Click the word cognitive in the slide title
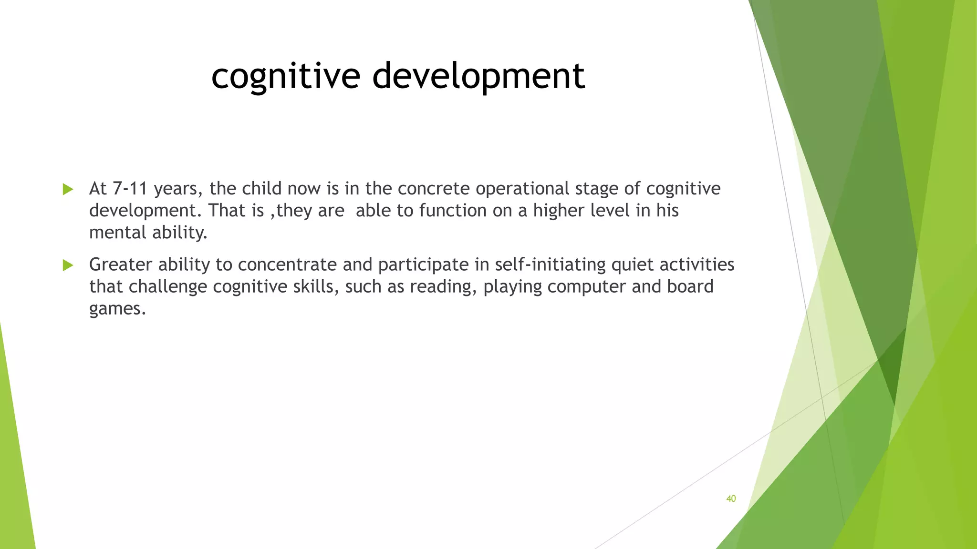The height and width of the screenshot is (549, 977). tap(285, 76)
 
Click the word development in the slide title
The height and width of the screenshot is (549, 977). tap(478, 76)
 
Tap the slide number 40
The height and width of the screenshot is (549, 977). tap(731, 498)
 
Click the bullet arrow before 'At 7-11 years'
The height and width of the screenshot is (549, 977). tap(68, 190)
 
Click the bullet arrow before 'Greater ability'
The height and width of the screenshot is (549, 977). tap(68, 265)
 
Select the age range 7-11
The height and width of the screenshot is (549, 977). tap(130, 189)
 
